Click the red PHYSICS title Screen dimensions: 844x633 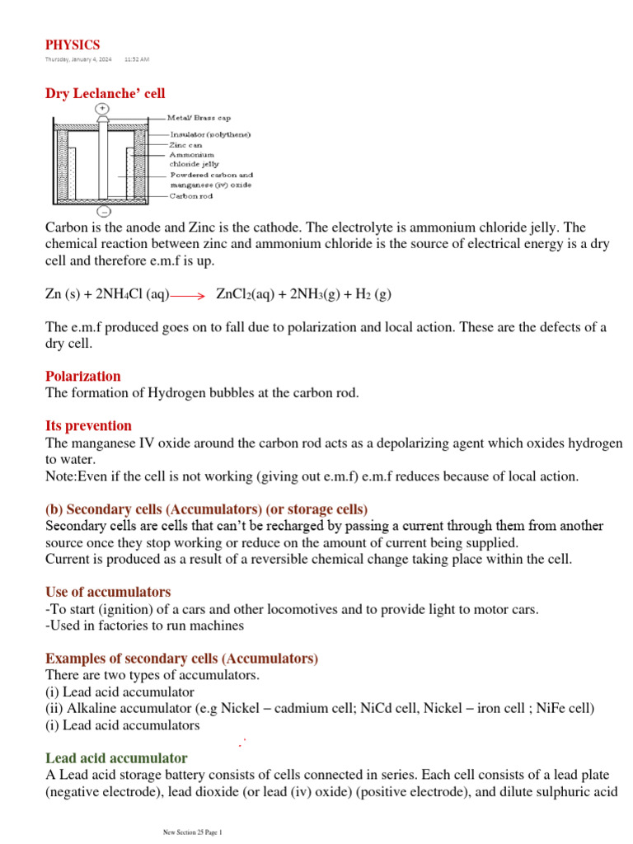tap(73, 45)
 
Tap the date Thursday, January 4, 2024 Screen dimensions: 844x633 tap(78, 60)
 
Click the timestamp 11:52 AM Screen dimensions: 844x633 tap(137, 60)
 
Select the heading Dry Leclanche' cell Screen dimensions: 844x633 tap(105, 95)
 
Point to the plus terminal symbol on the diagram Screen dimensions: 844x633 tap(101, 108)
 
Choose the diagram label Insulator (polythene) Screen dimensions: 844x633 tap(210, 134)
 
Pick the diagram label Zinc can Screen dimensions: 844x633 tap(185, 144)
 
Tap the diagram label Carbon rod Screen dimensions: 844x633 tap(191, 196)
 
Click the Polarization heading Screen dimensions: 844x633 tap(82, 376)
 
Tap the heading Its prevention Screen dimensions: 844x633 tap(88, 425)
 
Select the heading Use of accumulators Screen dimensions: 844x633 tap(108, 592)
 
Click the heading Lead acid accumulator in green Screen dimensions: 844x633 tap(116, 757)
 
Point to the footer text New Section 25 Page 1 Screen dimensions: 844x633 tap(195, 832)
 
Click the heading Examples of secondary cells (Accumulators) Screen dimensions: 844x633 tap(181, 659)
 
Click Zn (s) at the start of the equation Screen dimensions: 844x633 tap(61, 295)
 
